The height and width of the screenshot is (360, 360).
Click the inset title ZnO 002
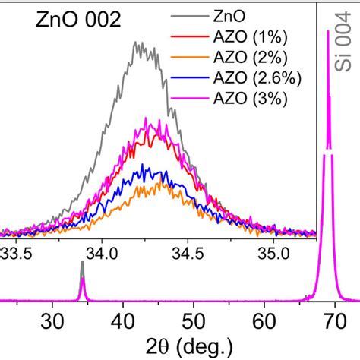(78, 21)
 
